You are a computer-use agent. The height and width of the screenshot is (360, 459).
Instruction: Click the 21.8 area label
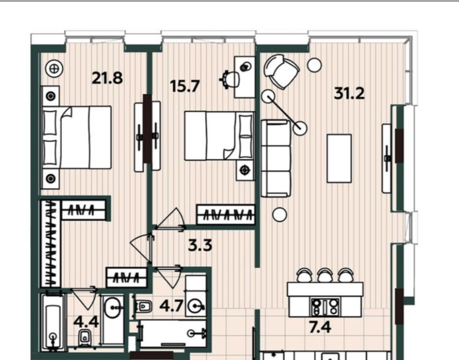click(x=107, y=78)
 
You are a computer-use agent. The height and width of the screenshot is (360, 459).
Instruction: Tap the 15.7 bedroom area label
click(x=185, y=86)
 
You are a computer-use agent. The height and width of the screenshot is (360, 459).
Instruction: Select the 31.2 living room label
click(x=349, y=93)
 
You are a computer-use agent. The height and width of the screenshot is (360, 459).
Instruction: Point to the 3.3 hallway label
click(x=200, y=245)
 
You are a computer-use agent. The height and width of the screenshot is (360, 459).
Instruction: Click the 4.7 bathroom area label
click(x=171, y=306)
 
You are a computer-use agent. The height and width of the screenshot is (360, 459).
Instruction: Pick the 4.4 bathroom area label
click(x=86, y=322)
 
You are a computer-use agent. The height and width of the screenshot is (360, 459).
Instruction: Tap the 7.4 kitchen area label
click(x=320, y=327)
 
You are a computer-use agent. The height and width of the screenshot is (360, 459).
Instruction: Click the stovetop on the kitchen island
click(x=325, y=307)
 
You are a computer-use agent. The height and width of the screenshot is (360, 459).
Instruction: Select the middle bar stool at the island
click(x=324, y=275)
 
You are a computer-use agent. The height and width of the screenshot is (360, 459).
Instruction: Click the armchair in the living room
click(x=281, y=72)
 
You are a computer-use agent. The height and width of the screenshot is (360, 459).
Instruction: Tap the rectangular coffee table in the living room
click(x=339, y=158)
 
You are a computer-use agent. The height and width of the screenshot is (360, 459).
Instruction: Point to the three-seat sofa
click(x=276, y=158)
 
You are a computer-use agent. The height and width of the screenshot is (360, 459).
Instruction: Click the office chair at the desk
click(x=230, y=79)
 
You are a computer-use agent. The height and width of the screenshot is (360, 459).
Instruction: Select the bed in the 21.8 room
click(x=77, y=138)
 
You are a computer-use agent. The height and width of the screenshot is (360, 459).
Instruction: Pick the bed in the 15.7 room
click(x=219, y=136)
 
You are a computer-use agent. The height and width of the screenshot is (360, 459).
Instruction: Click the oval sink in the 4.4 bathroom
click(x=112, y=307)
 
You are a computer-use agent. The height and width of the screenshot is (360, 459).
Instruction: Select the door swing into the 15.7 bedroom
click(x=171, y=218)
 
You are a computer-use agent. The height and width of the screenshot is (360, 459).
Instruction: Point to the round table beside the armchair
click(x=315, y=65)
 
